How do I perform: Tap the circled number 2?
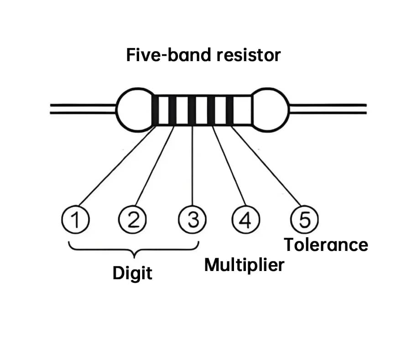132,221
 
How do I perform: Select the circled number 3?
192,221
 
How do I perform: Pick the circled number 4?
245,221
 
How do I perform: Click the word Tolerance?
326,245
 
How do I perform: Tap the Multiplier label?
244,265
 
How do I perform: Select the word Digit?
132,274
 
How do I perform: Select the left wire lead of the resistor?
82,108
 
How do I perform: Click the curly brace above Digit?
133,249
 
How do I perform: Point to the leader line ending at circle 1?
116,167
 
